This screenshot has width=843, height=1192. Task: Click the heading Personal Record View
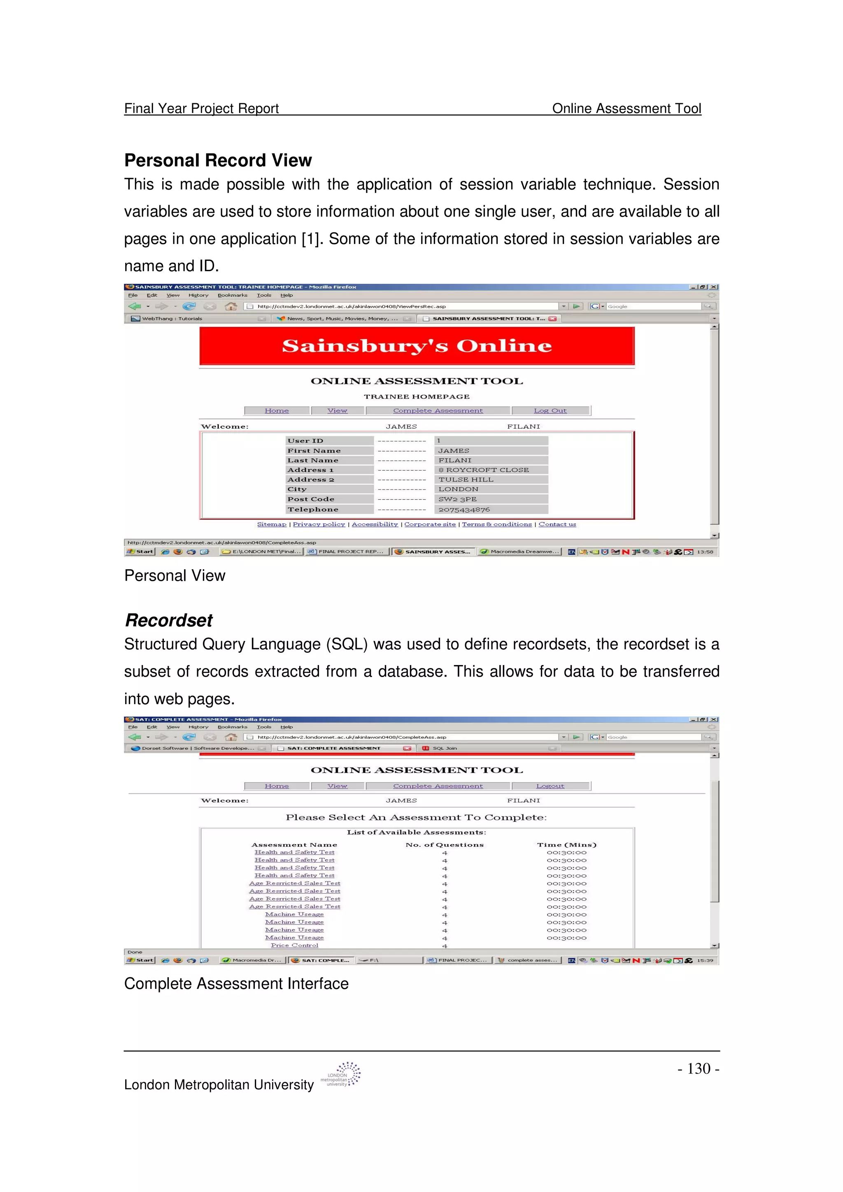coord(218,160)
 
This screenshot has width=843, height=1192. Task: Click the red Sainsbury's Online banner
coord(417,346)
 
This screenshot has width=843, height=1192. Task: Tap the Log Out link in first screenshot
coord(550,410)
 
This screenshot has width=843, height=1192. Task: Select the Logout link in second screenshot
coord(550,786)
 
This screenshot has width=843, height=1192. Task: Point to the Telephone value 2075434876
coord(464,509)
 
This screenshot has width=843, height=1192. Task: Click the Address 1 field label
coord(311,470)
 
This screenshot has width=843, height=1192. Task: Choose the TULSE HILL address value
coord(466,479)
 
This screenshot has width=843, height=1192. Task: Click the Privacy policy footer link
coord(319,524)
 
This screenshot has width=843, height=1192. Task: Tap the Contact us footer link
coord(557,524)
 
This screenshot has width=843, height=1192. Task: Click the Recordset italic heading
coord(169,620)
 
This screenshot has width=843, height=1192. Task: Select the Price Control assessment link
coord(294,945)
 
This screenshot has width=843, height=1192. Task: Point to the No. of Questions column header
coord(444,845)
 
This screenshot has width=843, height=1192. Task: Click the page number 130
coord(698,1069)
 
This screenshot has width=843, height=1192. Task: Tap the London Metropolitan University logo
coord(341,1074)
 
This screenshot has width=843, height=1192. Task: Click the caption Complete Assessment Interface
coord(236,983)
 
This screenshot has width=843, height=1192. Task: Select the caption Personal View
coord(175,575)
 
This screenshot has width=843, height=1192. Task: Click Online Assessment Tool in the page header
coord(626,108)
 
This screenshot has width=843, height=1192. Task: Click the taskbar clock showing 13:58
coord(704,552)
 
